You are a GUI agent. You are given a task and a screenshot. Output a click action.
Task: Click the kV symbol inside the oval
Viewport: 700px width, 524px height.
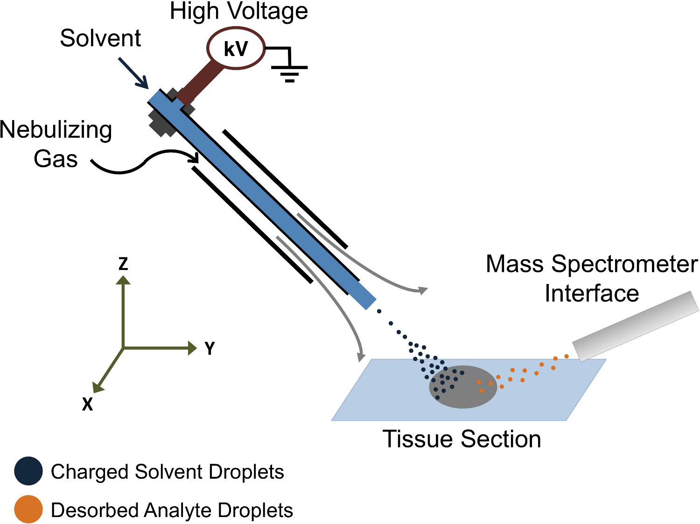[x=236, y=49]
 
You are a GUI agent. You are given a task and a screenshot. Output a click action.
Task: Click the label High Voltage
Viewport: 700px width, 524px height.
[x=238, y=11]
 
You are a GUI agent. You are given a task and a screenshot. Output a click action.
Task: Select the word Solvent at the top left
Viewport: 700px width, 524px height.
[x=100, y=38]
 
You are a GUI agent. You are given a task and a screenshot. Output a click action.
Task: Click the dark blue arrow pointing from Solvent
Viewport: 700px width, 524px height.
[x=133, y=72]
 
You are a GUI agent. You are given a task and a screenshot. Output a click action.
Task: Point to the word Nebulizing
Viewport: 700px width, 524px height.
[x=56, y=130]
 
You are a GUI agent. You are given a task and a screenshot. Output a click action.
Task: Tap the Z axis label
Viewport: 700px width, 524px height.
[x=123, y=263]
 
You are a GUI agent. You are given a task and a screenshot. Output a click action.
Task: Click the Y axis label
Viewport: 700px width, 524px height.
[x=210, y=348]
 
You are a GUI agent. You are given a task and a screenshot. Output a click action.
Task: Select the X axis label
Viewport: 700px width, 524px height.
[x=87, y=404]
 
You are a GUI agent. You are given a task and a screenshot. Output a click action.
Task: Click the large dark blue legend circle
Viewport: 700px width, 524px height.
[x=28, y=471]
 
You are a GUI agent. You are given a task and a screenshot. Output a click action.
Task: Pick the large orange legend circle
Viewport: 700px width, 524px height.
[x=28, y=510]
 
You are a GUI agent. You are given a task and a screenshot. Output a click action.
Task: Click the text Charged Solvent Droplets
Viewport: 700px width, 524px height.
[x=167, y=472]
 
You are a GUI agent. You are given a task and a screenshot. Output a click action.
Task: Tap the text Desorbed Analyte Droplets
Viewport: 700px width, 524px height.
[x=172, y=510]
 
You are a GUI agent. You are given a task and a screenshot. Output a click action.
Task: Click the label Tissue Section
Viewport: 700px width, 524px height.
[x=462, y=439]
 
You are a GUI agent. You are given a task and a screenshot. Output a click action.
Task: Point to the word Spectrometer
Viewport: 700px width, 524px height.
[x=625, y=264]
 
